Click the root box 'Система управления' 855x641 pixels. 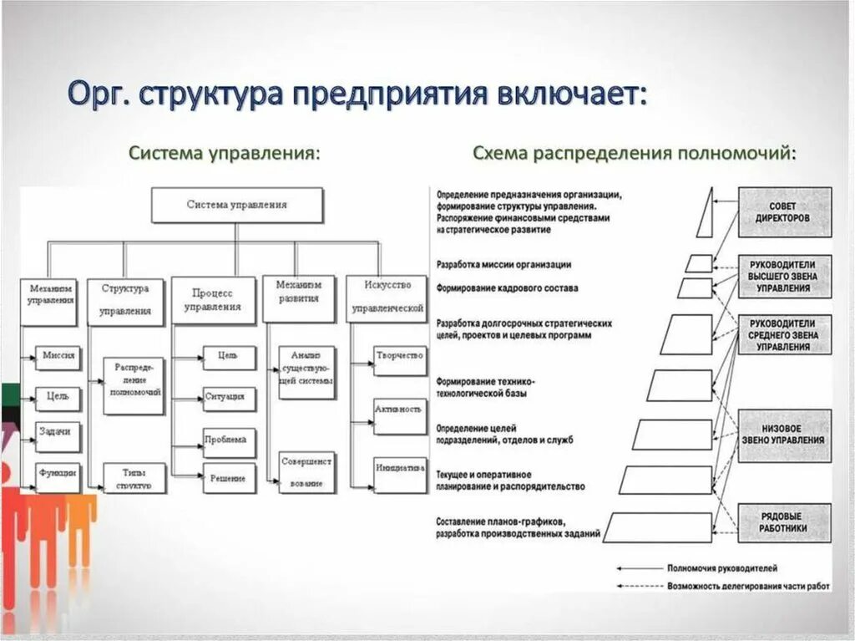[236, 205]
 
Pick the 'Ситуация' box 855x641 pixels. [229, 397]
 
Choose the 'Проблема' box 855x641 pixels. [229, 440]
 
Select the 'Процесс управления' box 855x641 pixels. [213, 300]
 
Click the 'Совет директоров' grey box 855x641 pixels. [784, 211]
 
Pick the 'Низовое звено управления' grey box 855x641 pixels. [784, 434]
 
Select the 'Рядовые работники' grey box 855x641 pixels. [784, 522]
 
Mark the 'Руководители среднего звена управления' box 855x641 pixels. [784, 333]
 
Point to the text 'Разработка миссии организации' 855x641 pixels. [503, 265]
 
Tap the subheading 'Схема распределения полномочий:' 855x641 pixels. [634, 154]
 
